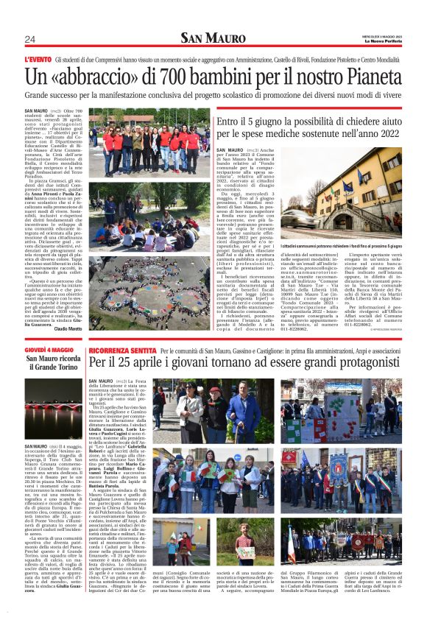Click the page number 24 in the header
click(x=29, y=39)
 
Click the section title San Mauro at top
click(x=213, y=38)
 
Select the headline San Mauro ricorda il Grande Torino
click(x=53, y=363)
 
